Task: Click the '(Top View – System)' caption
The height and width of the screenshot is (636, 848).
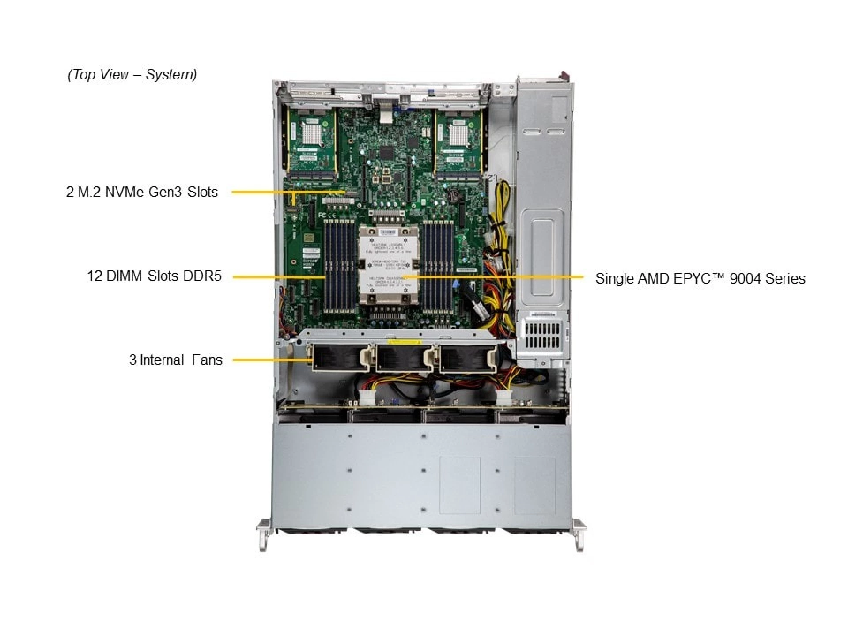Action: tap(132, 74)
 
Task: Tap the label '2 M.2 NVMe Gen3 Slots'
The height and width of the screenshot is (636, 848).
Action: tap(142, 192)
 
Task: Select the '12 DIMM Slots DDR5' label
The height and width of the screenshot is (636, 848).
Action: tap(154, 276)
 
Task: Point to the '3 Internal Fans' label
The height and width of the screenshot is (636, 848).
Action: tap(175, 360)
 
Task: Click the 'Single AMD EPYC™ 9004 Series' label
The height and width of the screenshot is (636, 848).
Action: tap(700, 278)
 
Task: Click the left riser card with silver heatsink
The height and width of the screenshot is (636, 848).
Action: tap(312, 141)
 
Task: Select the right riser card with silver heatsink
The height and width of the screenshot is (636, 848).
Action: tap(458, 141)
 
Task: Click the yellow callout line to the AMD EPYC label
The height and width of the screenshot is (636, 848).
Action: tap(495, 277)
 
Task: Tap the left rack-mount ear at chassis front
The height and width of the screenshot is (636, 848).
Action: tap(263, 535)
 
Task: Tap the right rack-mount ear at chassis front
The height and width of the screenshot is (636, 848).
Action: tap(580, 535)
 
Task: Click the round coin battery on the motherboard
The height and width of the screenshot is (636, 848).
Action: tap(453, 196)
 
